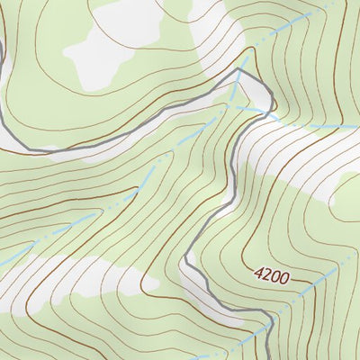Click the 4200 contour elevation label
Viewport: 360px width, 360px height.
tap(271, 275)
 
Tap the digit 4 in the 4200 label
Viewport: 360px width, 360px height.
tap(259, 272)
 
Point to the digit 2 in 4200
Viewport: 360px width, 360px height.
tap(267, 274)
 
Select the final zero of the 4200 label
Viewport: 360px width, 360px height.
tap(283, 279)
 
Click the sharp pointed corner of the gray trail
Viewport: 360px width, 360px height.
tap(241, 69)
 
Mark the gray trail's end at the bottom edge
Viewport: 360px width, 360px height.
tap(270, 356)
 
